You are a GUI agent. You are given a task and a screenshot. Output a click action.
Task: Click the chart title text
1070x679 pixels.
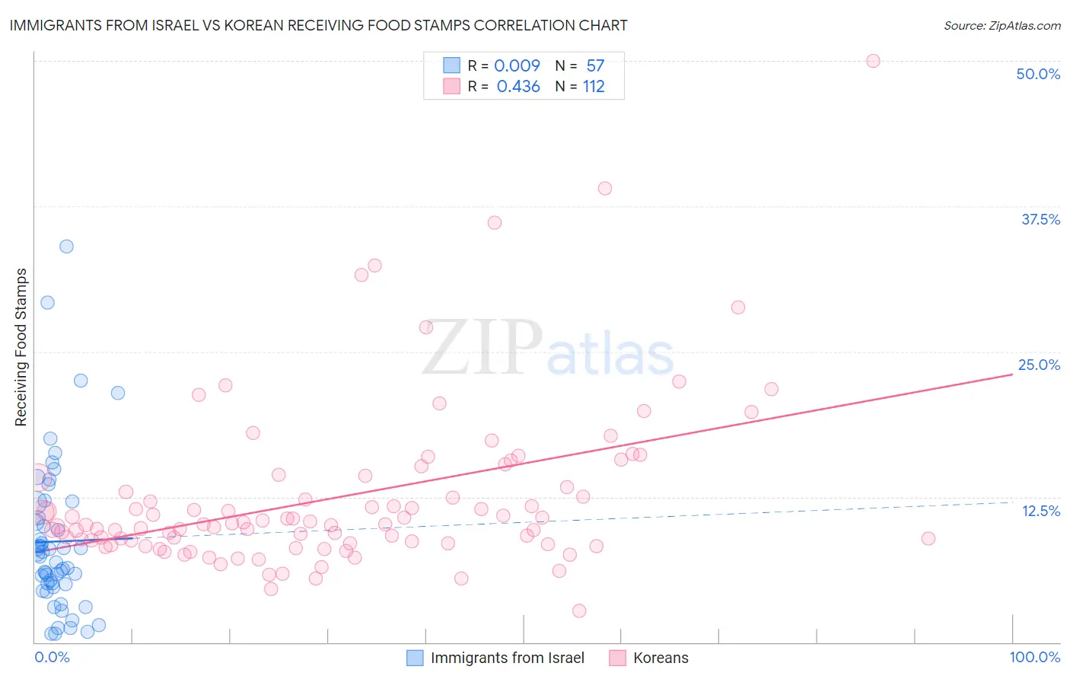[x=318, y=25]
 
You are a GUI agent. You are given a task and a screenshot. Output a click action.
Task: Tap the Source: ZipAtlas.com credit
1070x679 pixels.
[x=1002, y=26]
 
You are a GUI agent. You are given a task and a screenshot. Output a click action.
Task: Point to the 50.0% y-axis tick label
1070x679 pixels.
[x=1038, y=74]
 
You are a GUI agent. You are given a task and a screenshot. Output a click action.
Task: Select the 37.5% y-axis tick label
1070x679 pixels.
[x=1040, y=219]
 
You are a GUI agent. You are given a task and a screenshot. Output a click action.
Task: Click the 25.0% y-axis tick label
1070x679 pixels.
[x=1039, y=365]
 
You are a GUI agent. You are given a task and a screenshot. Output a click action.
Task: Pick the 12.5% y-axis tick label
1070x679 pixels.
[x=1040, y=511]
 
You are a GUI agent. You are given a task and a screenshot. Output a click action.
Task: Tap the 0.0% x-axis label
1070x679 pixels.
[x=52, y=657]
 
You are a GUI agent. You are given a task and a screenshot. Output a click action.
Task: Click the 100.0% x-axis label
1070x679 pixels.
[x=1034, y=657]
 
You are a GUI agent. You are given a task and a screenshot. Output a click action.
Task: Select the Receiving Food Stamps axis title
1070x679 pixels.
[x=21, y=347]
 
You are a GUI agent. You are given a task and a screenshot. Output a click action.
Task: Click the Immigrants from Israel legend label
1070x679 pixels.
[x=507, y=658]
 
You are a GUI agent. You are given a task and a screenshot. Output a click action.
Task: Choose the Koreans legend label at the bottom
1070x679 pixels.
[x=661, y=658]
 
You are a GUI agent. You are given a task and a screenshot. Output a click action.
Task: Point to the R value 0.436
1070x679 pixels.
[x=518, y=87]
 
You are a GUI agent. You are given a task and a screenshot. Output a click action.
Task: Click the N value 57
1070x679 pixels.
[x=595, y=66]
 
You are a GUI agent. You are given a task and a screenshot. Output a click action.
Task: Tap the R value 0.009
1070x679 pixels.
[x=517, y=66]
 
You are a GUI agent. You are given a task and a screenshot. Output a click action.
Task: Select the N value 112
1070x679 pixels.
[x=594, y=87]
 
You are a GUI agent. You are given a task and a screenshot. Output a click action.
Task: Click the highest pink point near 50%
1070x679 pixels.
[x=873, y=61]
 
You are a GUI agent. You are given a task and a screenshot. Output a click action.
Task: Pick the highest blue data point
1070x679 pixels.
[x=66, y=246]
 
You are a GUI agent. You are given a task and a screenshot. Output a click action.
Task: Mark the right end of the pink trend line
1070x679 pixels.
[x=1012, y=375]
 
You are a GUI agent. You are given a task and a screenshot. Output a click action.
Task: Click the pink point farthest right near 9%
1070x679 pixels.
[x=928, y=538]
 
